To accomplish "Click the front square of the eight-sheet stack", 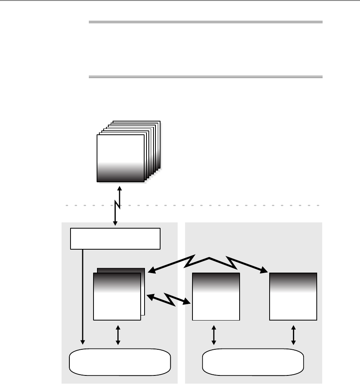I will pos(120,158).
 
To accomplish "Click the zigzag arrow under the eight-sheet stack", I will pos(117,205).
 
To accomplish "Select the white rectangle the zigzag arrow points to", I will pos(115,238).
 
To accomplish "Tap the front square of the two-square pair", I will pos(117,296).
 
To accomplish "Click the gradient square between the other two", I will pos(216,296).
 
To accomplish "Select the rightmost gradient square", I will pos(293,296).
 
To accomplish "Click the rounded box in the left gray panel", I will pos(120,361).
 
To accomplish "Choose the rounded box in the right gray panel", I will pos(253,361).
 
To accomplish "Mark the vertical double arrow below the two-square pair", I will pos(118,335).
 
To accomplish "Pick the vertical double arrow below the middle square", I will pos(214,335).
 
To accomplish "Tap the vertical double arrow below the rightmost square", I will pos(293,335).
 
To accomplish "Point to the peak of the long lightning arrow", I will pos(209,257).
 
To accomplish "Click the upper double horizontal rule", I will pos(206,22).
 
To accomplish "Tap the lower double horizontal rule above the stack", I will pos(206,77).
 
